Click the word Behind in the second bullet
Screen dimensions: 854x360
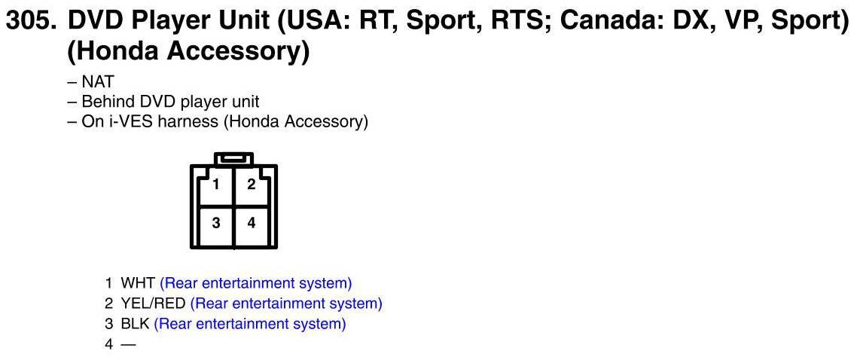tap(106, 102)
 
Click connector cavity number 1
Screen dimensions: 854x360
tap(216, 185)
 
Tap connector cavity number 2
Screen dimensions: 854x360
tap(252, 185)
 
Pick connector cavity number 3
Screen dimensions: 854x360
tap(216, 223)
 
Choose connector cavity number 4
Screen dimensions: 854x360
tap(252, 223)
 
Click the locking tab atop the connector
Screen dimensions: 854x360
tap(233, 159)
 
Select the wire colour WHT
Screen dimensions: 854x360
tap(138, 284)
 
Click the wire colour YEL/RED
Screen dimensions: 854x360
tap(153, 304)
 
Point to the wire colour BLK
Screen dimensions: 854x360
tap(135, 324)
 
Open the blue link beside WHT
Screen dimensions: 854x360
tap(256, 284)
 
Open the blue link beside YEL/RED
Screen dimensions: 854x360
tap(286, 304)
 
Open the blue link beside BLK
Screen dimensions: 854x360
tap(250, 324)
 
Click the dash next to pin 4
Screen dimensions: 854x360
tap(128, 344)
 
